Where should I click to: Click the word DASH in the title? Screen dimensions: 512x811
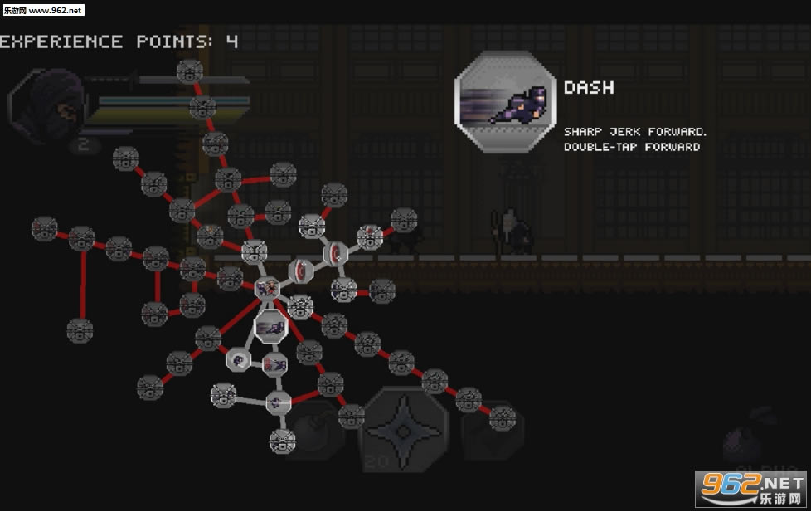[x=589, y=87]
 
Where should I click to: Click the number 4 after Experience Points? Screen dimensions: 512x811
[x=232, y=41]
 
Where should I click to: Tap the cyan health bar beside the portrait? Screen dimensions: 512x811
[x=174, y=101]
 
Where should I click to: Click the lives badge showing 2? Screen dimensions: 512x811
[x=83, y=145]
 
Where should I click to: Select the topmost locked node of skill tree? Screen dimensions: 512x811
[x=190, y=71]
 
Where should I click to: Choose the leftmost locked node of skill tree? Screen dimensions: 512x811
[x=44, y=228]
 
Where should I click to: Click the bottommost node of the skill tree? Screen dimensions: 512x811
[x=282, y=441]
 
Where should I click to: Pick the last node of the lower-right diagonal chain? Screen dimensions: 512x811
[x=502, y=419]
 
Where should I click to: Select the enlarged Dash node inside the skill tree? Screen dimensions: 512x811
[x=270, y=327]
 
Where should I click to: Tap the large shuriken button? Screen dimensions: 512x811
[x=405, y=429]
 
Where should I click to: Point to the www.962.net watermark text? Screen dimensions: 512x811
[x=42, y=10]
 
